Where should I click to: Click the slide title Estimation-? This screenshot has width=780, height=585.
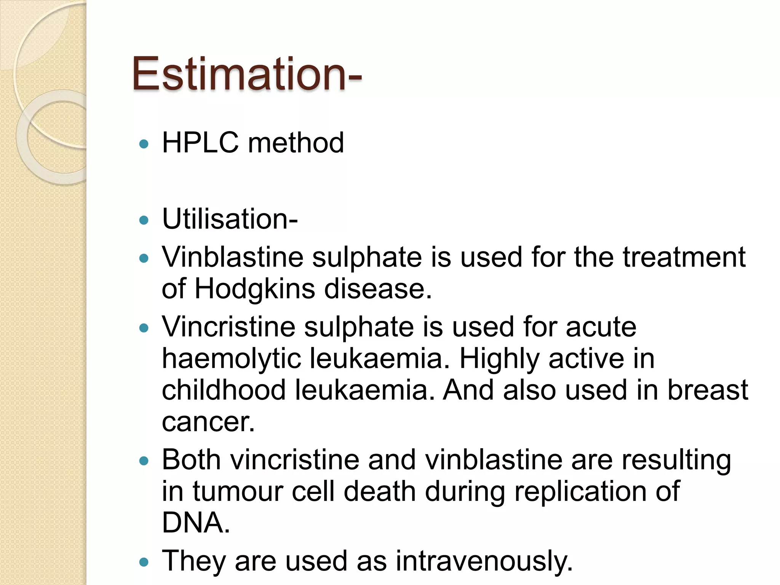(247, 74)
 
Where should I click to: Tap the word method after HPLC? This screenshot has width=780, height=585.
(296, 143)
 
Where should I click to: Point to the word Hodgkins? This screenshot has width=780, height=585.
(255, 289)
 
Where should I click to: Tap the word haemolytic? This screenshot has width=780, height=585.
(231, 359)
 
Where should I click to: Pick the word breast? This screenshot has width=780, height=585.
(708, 390)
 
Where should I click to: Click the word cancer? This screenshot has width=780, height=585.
(208, 422)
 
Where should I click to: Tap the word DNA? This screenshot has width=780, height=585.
(196, 523)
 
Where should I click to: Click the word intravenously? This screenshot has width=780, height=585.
(484, 561)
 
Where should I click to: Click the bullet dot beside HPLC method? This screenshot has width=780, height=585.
(144, 144)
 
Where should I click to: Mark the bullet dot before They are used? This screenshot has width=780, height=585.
(144, 562)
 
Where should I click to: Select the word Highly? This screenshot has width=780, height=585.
(499, 359)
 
